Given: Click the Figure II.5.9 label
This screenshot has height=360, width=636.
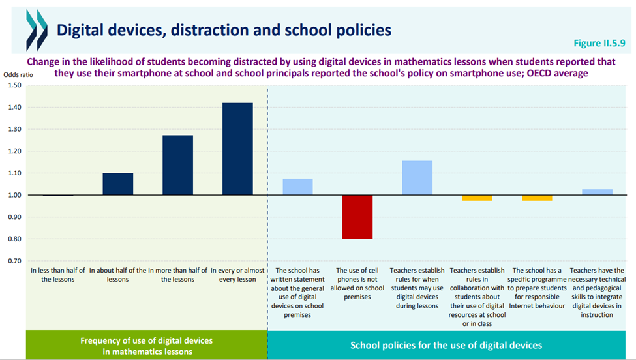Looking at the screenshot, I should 599,43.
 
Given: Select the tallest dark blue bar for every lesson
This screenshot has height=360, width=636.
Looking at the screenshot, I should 237,149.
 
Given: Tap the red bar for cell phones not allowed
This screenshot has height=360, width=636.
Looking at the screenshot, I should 357,217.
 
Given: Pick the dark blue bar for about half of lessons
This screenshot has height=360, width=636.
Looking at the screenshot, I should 118,184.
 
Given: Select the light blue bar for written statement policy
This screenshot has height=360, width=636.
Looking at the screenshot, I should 297,187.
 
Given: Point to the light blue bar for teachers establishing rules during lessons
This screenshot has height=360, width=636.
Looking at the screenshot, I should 417,177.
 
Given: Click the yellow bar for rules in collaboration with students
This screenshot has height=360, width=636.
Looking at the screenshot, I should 477,198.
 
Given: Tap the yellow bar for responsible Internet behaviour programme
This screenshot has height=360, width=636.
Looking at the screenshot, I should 537,198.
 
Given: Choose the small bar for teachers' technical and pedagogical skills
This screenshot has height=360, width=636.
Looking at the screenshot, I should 597,192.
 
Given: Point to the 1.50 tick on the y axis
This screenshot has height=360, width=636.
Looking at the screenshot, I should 14,85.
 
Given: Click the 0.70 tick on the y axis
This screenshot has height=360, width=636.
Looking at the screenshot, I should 14,261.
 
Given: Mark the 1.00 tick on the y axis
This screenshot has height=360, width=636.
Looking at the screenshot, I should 14,195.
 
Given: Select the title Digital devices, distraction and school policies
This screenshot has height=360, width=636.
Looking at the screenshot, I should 224,30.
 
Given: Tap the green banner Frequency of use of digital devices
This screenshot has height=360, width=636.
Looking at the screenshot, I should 146,345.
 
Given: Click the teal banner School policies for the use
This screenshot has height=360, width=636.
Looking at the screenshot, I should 446,345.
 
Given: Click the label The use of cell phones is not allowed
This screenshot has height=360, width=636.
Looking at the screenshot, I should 357,283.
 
